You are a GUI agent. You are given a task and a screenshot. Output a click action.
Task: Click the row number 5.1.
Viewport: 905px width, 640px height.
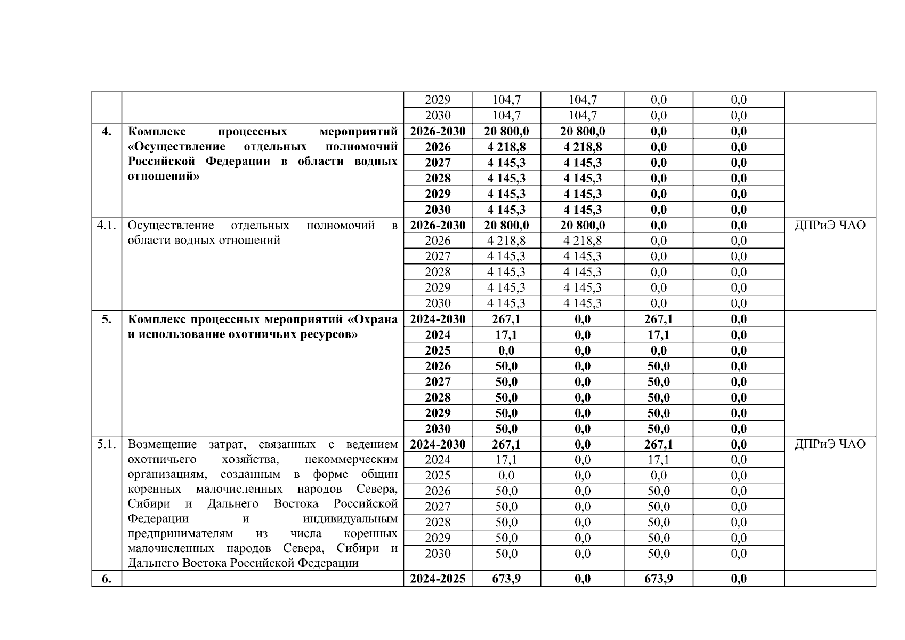coord(106,444)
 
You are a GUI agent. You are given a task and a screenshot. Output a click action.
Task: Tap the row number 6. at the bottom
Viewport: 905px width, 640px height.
coord(106,579)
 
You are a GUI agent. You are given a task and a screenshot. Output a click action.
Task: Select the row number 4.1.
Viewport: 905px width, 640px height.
coord(106,225)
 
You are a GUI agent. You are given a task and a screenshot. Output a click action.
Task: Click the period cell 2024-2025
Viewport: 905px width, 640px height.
coord(438,579)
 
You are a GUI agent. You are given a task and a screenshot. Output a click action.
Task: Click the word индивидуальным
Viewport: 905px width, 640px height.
coord(350,519)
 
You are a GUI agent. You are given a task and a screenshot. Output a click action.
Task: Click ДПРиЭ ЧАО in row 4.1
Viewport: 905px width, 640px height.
coord(830,225)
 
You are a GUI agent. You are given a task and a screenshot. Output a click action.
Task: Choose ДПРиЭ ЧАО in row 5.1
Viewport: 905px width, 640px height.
coord(830,444)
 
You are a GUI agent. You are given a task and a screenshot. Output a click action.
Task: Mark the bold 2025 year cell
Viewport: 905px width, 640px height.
coord(438,350)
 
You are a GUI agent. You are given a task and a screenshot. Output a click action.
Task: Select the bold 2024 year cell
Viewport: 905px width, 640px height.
coord(438,335)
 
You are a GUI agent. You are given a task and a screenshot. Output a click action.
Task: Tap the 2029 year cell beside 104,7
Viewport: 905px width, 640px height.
coord(438,100)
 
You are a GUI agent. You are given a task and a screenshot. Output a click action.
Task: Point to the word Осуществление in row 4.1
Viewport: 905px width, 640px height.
coord(171,225)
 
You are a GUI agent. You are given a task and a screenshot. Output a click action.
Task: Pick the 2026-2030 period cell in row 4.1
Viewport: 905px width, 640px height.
coord(438,225)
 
